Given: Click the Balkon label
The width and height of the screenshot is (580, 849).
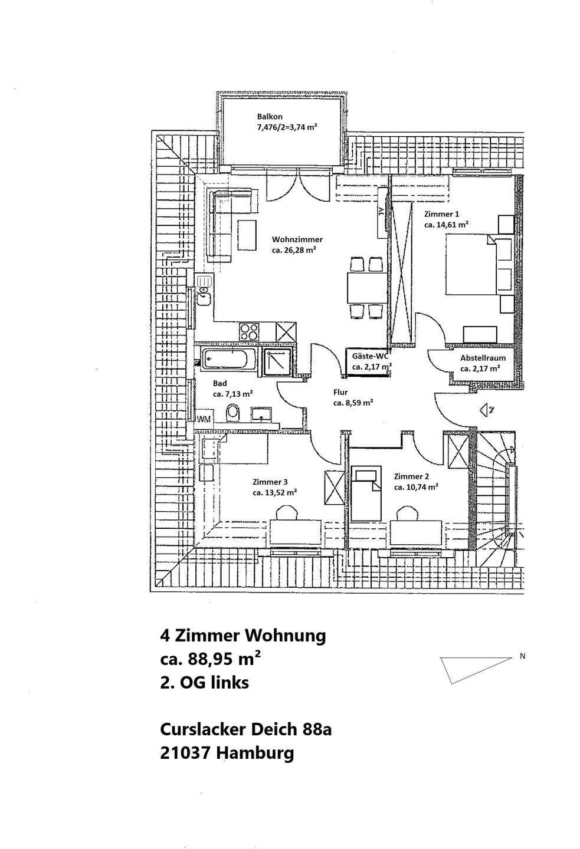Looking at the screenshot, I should [x=270, y=117].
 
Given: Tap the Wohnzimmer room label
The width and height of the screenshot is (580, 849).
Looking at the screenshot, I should [x=297, y=239].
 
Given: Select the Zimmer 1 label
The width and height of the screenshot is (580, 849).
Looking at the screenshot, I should [x=441, y=214].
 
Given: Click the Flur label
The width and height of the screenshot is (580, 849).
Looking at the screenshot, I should [x=340, y=392].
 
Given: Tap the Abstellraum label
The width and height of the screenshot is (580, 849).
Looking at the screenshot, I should [x=483, y=358].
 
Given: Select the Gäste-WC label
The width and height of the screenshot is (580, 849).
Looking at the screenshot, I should [x=370, y=357].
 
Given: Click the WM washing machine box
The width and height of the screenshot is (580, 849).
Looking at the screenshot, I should [x=204, y=419].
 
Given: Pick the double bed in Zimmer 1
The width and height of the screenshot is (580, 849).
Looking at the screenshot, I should [x=470, y=264].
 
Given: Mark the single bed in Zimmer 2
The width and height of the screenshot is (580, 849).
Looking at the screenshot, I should [x=367, y=492].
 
